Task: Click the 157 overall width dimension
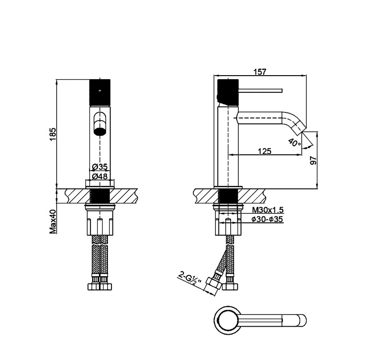[260, 72]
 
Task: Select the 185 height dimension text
[53, 134]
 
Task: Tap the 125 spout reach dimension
[264, 151]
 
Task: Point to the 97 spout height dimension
[313, 160]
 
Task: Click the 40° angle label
[295, 142]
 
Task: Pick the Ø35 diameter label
[100, 166]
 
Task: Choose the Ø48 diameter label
[100, 176]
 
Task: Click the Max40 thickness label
[53, 221]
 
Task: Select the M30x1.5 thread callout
[268, 210]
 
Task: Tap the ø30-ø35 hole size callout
[267, 219]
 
